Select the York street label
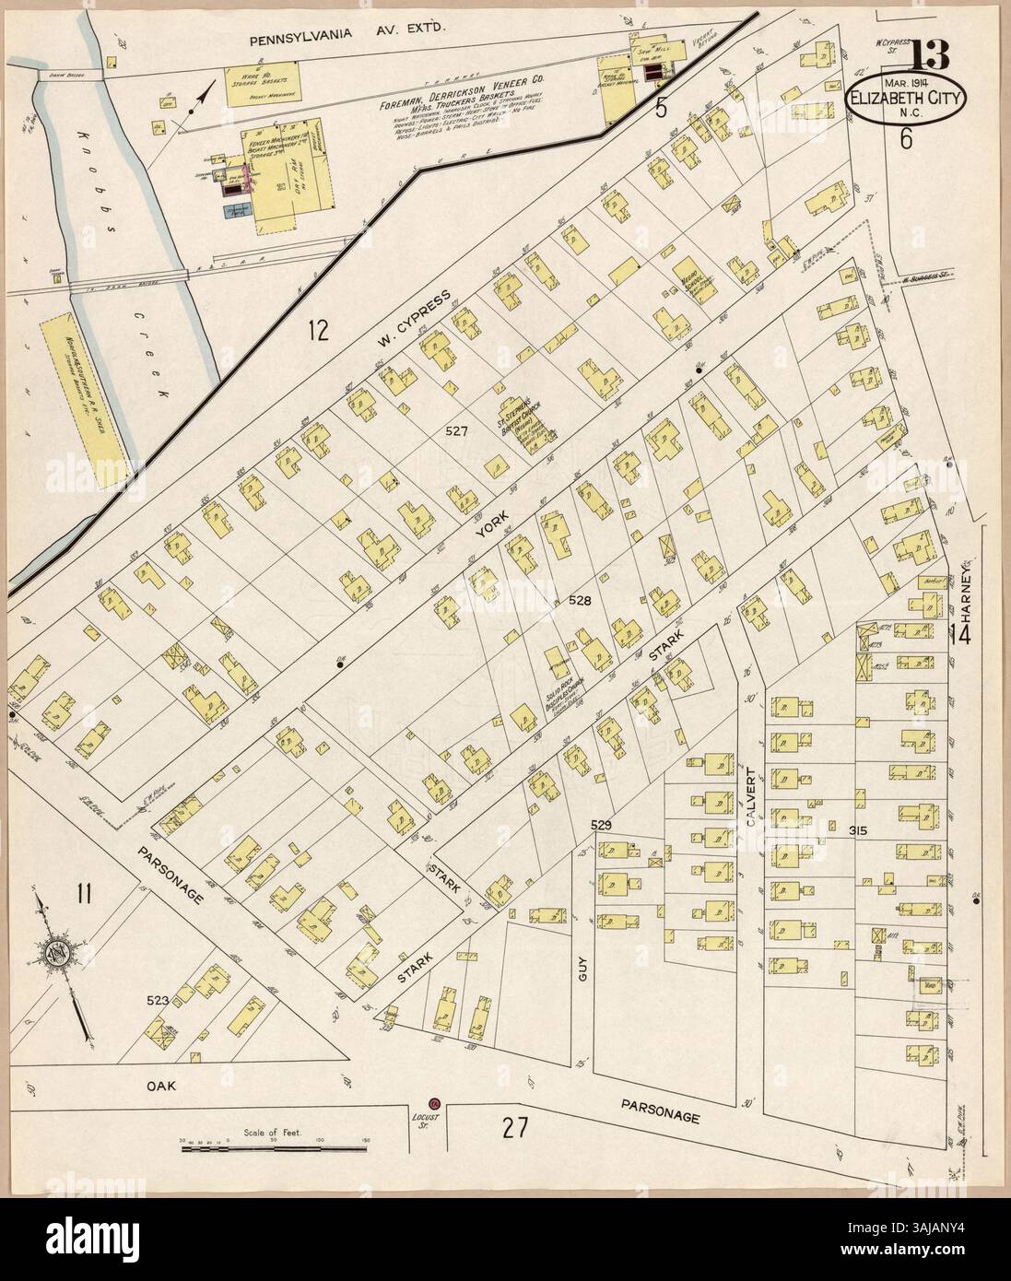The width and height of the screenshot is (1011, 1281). pyautogui.click(x=486, y=534)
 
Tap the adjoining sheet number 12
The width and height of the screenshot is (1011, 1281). pyautogui.click(x=318, y=329)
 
